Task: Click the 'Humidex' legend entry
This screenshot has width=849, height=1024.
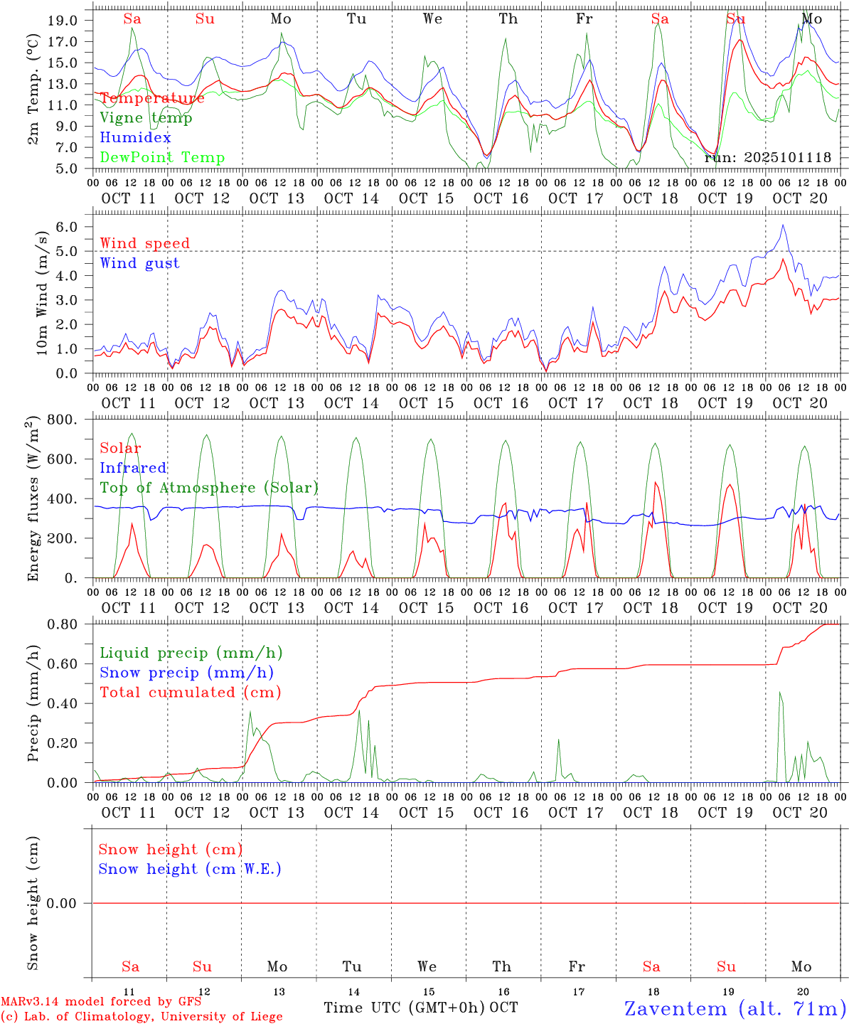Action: [x=135, y=138]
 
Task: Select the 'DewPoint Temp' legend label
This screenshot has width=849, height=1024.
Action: [x=162, y=158]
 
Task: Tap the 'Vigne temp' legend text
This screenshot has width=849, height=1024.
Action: [x=146, y=118]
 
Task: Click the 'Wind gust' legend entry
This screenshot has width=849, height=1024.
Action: [x=139, y=263]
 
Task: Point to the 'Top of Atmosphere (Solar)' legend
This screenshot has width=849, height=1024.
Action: [x=208, y=488]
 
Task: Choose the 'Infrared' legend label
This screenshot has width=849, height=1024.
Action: [x=133, y=468]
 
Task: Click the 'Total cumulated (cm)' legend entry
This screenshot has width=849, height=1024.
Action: [x=190, y=692]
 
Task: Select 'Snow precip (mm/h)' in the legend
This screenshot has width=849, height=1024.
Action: [x=186, y=673]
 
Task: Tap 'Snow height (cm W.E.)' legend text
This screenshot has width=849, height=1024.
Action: [x=190, y=869]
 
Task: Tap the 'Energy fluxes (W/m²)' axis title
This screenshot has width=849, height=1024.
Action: [x=33, y=500]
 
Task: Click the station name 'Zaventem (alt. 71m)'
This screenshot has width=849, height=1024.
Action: [x=735, y=1008]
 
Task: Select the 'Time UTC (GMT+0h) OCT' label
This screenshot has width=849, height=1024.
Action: [x=420, y=1008]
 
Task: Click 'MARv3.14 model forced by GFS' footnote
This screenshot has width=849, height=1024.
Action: [x=101, y=1002]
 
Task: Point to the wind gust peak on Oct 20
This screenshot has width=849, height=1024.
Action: [x=783, y=225]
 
